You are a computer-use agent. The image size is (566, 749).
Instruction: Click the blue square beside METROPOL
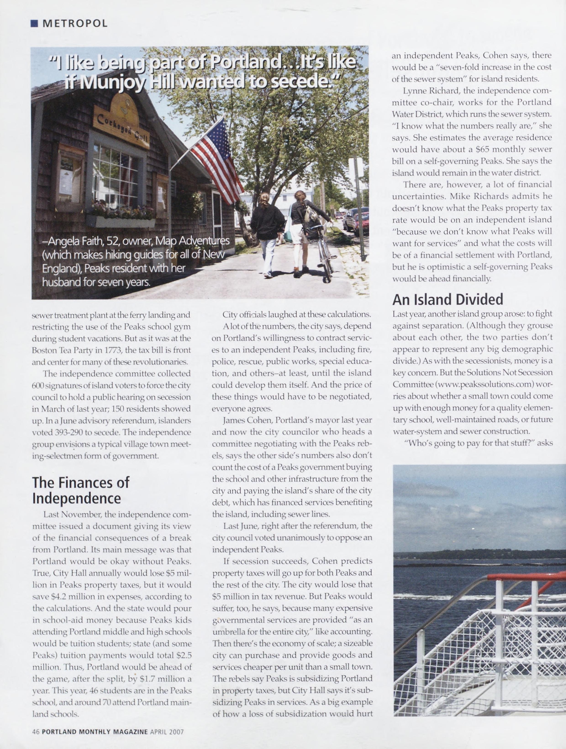(34, 23)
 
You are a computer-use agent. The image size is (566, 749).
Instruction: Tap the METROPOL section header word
(75, 23)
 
